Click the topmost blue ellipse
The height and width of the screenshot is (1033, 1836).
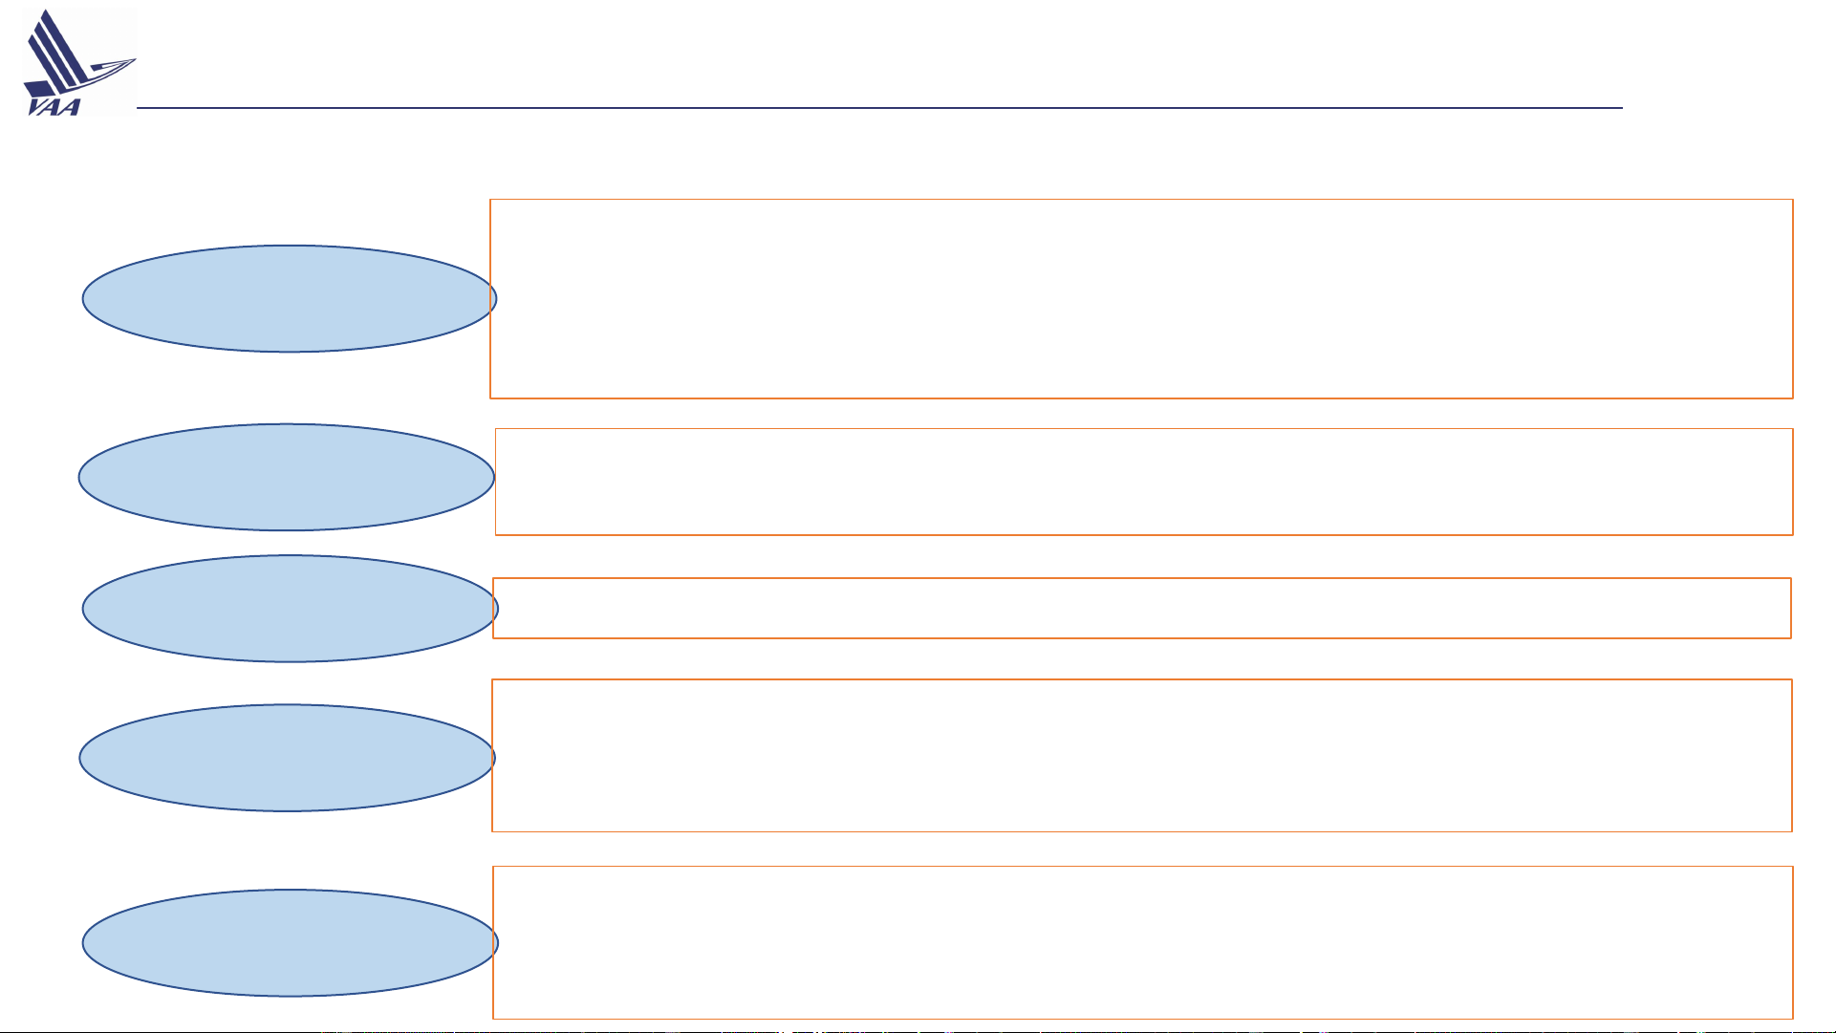point(290,298)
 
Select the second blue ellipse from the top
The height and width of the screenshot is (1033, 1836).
point(287,477)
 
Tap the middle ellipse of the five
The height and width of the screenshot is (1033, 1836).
point(291,609)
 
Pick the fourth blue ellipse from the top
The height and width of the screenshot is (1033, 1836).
point(288,758)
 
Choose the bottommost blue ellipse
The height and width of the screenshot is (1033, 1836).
point(291,943)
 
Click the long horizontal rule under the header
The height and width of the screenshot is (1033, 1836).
point(879,108)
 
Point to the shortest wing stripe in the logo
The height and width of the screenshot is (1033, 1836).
point(47,64)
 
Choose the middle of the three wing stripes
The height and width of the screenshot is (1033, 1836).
point(57,54)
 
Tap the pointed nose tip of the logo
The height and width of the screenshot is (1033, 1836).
point(136,59)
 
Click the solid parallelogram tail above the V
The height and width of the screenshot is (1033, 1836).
point(39,89)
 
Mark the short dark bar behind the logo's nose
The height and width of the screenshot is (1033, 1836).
point(96,68)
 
